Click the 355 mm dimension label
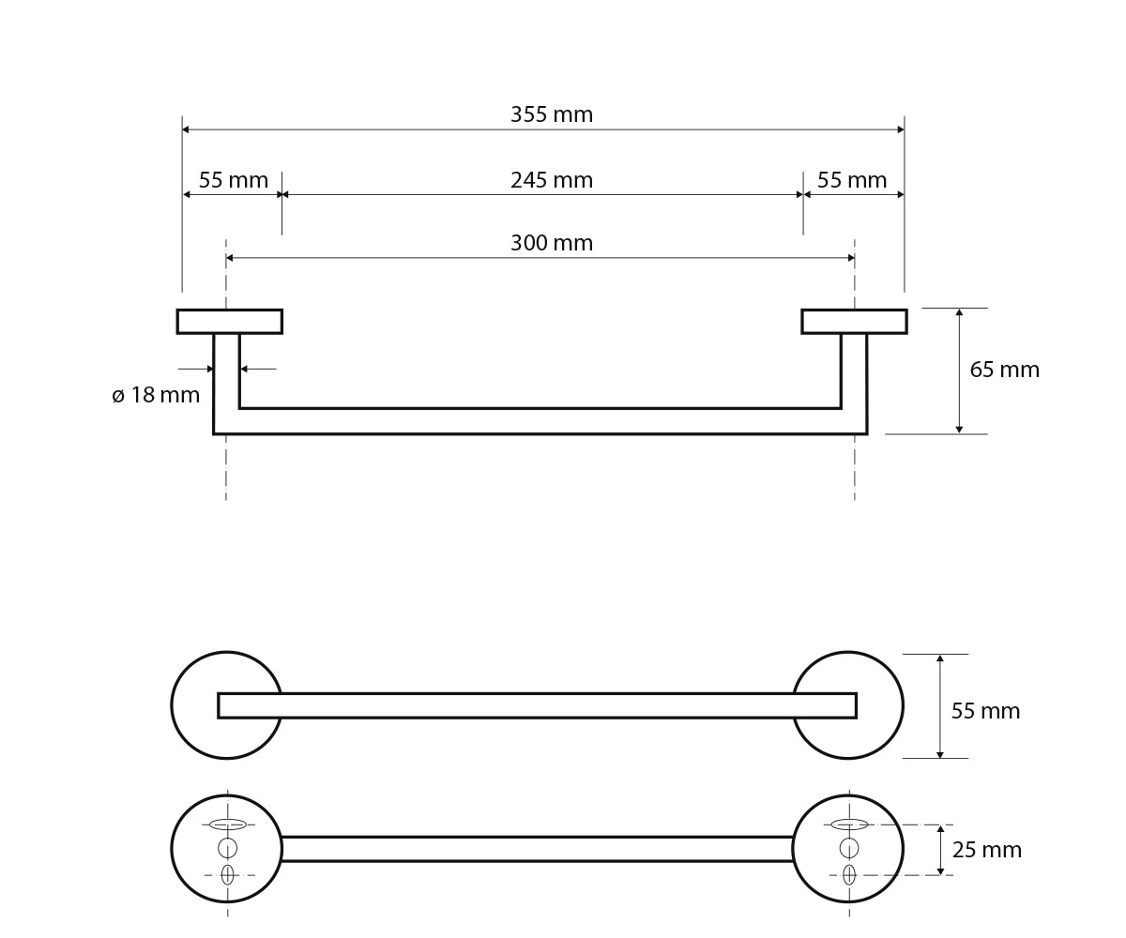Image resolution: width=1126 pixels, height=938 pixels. click(x=551, y=114)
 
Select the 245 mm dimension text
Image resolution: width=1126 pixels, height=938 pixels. click(x=551, y=180)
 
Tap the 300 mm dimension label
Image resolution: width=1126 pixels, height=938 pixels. click(x=551, y=243)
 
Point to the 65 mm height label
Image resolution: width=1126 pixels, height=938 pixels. click(x=1004, y=370)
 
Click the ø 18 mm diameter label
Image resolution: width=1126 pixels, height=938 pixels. click(x=156, y=395)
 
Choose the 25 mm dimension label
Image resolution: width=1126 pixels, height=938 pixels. click(x=986, y=850)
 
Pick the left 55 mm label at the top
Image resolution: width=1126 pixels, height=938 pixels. click(x=233, y=180)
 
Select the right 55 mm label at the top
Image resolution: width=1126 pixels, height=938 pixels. click(x=851, y=180)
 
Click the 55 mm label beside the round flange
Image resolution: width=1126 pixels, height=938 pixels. click(x=985, y=711)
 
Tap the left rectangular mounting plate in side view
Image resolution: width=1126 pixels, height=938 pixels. click(x=229, y=322)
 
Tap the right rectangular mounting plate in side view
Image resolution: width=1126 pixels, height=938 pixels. click(x=854, y=322)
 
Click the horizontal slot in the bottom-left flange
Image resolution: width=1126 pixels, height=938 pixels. click(x=228, y=825)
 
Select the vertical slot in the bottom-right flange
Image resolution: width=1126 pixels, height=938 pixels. click(x=849, y=874)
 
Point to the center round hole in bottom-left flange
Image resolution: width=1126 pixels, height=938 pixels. click(x=228, y=848)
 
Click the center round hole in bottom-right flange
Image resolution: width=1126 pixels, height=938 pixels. click(x=849, y=848)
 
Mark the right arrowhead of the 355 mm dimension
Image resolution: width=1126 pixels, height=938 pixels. click(x=901, y=129)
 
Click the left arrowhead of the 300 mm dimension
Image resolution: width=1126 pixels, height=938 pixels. click(x=230, y=258)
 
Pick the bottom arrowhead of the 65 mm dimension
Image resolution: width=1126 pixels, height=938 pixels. click(x=959, y=429)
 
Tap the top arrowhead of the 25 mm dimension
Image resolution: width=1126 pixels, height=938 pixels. click(x=940, y=828)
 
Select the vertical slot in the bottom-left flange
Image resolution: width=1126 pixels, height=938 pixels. click(x=228, y=874)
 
